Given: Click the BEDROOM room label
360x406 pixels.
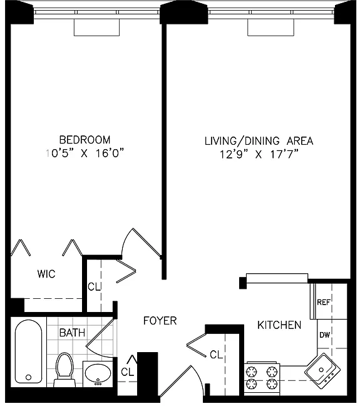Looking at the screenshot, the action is coord(85,140).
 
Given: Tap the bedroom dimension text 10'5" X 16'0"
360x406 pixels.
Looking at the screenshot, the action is coord(85,154).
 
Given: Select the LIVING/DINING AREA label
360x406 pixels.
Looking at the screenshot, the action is coord(259,141).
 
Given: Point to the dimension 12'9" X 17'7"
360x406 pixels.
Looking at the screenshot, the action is coord(259,155).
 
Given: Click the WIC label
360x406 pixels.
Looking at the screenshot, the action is coord(46,274).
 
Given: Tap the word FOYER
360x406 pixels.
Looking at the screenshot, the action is coord(160,321).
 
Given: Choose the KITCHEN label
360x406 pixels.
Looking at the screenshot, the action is coord(279,325).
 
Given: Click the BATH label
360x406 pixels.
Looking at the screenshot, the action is coord(72,333).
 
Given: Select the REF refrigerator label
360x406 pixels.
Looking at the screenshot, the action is coord(323,302).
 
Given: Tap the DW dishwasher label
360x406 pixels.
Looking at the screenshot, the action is coord(324,335).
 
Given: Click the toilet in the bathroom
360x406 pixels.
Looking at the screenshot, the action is coord(64,370).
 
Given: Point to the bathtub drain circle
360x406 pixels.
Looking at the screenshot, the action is coord(28,378).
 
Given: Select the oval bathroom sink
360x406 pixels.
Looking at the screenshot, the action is coord(98,373).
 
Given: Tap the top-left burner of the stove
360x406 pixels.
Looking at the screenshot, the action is coord(251,372).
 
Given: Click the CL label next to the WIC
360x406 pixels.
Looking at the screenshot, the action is coord(94,287).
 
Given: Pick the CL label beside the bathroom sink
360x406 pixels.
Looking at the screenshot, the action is coord(127,372).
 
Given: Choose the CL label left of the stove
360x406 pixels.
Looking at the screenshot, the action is coord(217,355).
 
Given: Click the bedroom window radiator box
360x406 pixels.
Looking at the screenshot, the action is coord(97,27).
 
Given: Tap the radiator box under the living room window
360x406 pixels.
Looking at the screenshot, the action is coord(270,27).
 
